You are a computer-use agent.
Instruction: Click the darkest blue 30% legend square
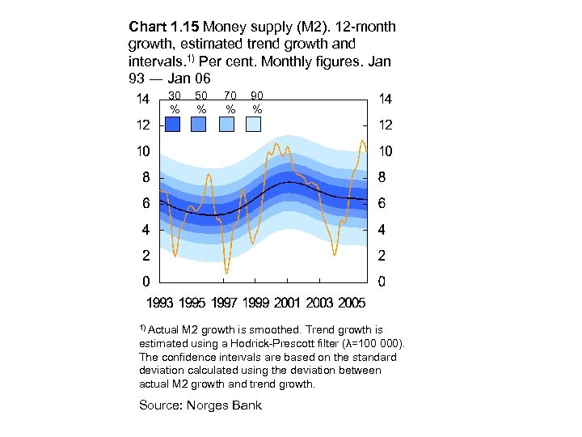click(x=173, y=124)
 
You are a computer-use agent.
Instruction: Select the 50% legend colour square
click(x=199, y=124)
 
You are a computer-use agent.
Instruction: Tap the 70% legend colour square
click(x=228, y=124)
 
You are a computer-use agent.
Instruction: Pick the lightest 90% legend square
click(x=254, y=124)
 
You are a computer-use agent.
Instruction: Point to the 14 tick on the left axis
click(x=142, y=100)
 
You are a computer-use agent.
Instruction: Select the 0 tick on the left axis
click(x=145, y=282)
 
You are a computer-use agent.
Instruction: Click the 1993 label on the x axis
click(x=159, y=303)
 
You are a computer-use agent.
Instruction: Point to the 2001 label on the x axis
click(x=287, y=303)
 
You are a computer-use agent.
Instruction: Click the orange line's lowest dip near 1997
click(x=226, y=273)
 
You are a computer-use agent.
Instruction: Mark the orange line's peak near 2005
click(x=362, y=141)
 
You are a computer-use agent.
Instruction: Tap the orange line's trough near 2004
click(x=334, y=255)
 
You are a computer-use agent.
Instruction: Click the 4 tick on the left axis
click(x=145, y=230)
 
